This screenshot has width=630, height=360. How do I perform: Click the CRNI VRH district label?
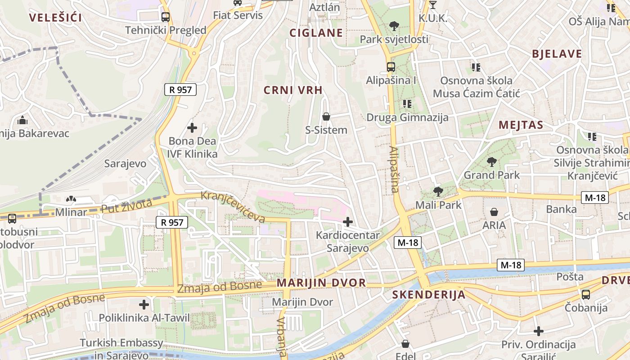(x=293, y=90)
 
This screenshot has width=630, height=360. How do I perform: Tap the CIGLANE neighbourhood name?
(x=316, y=33)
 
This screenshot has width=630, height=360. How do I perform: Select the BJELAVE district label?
(x=557, y=54)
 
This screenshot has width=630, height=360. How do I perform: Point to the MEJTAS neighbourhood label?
(x=521, y=125)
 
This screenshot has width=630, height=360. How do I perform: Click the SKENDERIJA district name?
(x=428, y=295)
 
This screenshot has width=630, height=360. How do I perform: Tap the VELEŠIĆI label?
(x=56, y=18)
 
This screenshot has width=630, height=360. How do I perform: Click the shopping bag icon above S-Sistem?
(x=326, y=117)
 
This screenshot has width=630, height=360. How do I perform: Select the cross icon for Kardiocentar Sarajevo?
(x=347, y=221)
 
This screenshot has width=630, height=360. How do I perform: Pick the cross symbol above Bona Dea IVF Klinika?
(x=192, y=128)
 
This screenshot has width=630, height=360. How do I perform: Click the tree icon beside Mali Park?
(x=438, y=192)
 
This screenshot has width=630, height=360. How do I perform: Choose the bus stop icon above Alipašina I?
(x=391, y=67)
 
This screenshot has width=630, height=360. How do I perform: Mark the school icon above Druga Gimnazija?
(x=407, y=104)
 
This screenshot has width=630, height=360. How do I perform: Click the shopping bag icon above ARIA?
(x=494, y=211)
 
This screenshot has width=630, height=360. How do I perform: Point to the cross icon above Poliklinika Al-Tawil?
(x=144, y=305)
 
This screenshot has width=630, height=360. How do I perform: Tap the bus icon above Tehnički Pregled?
(x=166, y=17)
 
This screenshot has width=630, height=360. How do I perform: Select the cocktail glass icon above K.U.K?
(x=433, y=5)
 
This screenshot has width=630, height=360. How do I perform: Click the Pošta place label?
(x=570, y=276)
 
